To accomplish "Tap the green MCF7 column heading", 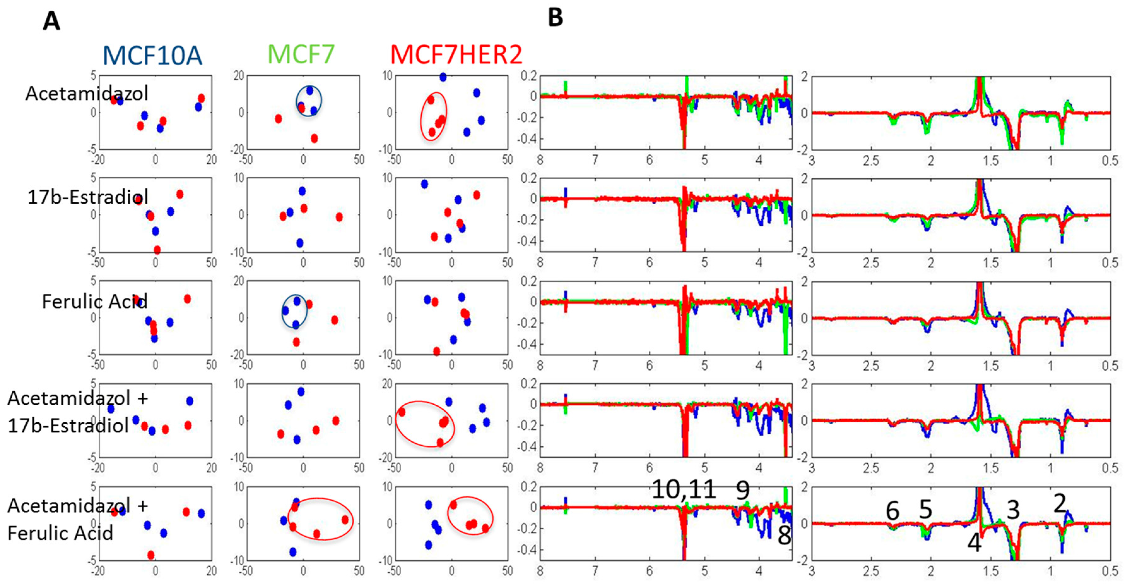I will click(301, 54).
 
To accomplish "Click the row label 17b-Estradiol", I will click(87, 197).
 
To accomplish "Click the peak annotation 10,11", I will click(684, 489).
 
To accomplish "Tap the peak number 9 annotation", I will click(743, 490).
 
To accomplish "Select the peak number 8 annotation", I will click(784, 535).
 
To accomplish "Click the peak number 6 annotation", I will click(893, 510).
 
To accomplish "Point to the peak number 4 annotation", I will click(974, 543).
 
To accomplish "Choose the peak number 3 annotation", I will click(1013, 510).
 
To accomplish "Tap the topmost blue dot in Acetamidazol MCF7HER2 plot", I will click(443, 77).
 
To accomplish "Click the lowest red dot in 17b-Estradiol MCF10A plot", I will click(157, 250).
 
